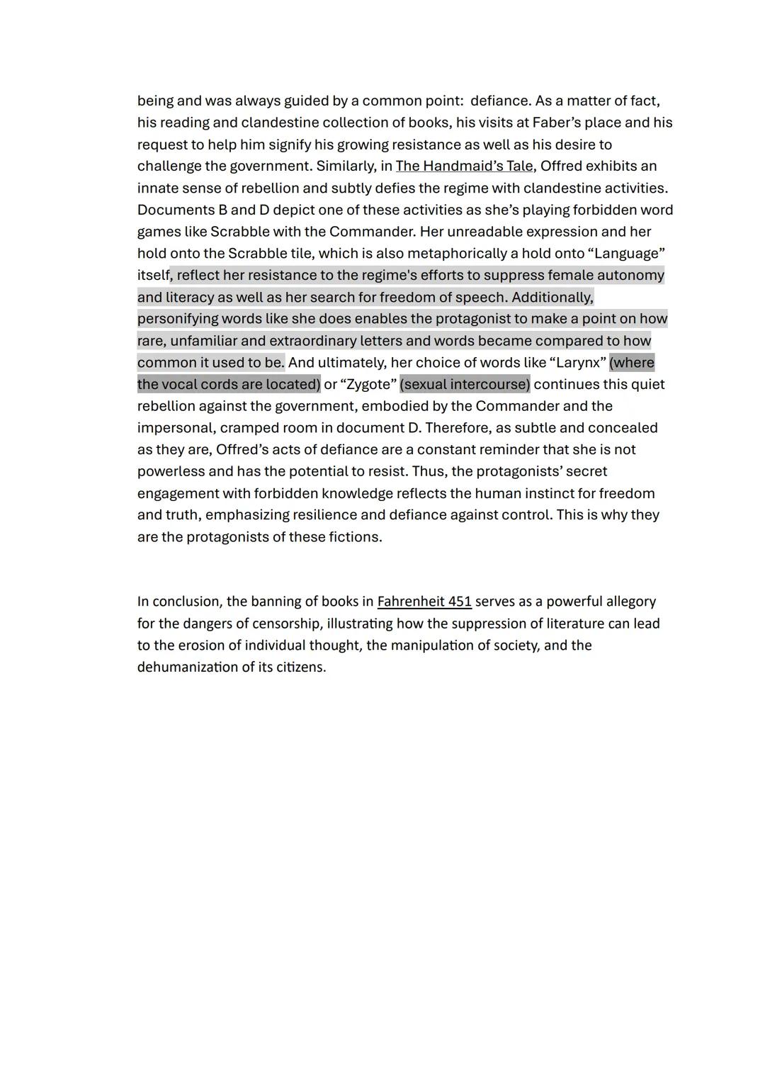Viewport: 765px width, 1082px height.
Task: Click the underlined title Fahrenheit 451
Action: pyautogui.click(x=424, y=602)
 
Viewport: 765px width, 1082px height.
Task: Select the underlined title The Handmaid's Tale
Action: pyautogui.click(x=464, y=166)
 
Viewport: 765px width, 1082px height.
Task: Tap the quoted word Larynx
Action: pyautogui.click(x=578, y=363)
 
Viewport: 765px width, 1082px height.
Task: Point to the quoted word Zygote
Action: pyautogui.click(x=368, y=384)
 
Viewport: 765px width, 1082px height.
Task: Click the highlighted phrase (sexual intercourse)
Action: pyautogui.click(x=465, y=384)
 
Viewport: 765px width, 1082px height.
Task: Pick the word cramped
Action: pyautogui.click(x=249, y=428)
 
